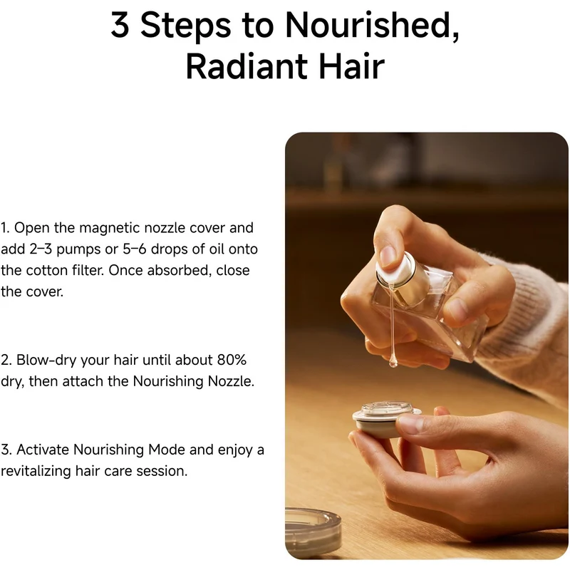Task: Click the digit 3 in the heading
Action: coord(120,24)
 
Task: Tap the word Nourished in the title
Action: coord(372,25)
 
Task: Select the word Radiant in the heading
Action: coord(247,66)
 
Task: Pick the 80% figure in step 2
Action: coord(232,360)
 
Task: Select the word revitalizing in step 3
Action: coord(36,471)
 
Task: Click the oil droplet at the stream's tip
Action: coord(393,362)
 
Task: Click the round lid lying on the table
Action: coord(313,533)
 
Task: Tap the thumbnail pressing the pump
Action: coord(388,256)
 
